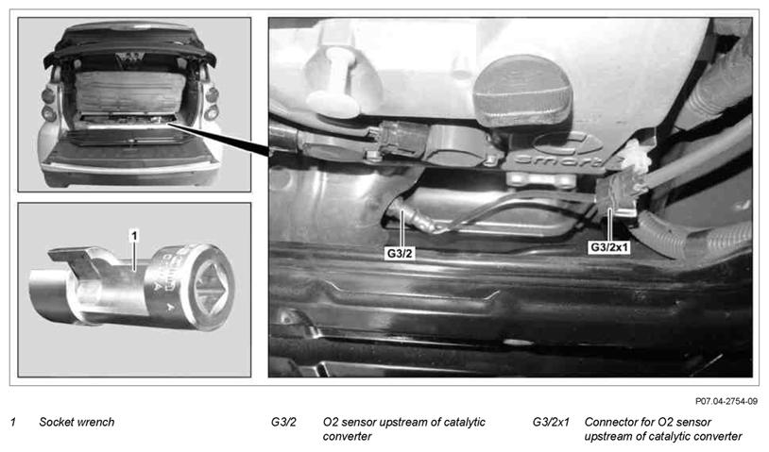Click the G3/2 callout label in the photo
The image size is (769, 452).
(400, 253)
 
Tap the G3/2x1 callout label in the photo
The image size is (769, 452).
(609, 247)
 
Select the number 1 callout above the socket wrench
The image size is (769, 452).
(134, 236)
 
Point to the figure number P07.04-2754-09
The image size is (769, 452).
(726, 402)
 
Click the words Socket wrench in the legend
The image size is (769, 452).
(77, 422)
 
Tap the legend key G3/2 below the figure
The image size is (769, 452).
(283, 422)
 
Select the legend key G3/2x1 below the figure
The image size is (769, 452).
(551, 422)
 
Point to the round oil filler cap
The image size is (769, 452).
(522, 91)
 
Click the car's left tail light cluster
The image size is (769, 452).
(48, 104)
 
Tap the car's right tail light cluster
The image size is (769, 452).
(212, 104)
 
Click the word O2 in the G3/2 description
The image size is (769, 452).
(330, 422)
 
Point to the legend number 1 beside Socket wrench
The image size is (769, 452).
(13, 422)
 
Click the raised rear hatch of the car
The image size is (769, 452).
(130, 43)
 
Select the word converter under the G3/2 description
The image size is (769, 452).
(348, 436)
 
